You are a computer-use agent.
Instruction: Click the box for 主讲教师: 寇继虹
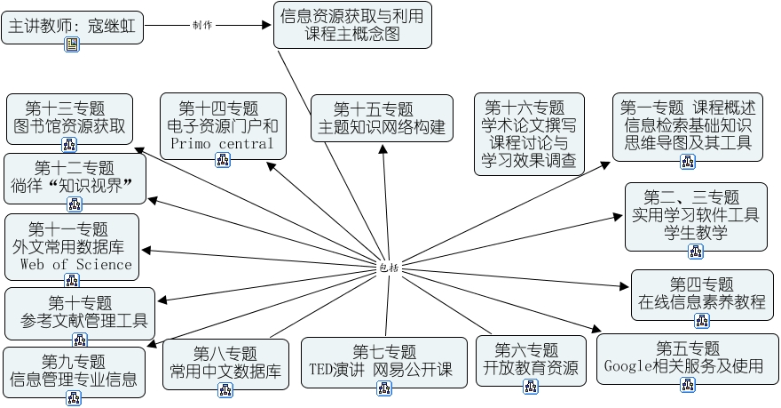[71, 28]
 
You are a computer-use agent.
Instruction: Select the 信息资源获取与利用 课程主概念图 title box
[352, 25]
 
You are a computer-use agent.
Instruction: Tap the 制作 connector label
[202, 25]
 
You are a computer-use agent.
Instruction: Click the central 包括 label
[389, 267]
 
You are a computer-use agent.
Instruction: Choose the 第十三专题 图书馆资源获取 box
[69, 117]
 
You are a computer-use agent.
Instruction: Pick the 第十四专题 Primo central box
[223, 124]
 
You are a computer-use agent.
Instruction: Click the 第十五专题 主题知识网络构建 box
[383, 118]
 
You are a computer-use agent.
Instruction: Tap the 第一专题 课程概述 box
[688, 124]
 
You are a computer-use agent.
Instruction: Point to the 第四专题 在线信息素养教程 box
[701, 293]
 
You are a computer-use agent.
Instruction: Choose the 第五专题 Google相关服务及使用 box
[688, 357]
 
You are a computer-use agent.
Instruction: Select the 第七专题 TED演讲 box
[383, 360]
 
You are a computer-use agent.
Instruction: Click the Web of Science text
[75, 264]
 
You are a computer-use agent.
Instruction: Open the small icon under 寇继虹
[72, 44]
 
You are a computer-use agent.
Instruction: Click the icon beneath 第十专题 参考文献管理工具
[80, 340]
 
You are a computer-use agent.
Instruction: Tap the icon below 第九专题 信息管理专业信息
[74, 399]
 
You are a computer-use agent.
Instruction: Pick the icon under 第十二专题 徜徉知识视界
[75, 204]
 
